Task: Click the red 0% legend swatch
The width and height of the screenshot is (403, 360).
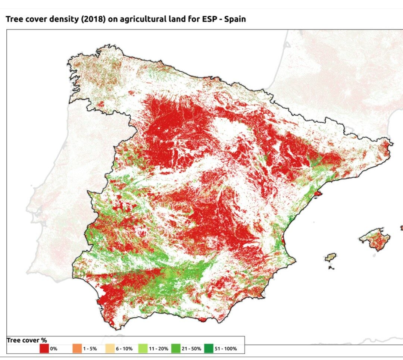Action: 44,349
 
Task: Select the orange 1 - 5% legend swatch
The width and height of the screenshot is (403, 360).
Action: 77,349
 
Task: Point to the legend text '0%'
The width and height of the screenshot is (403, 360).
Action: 54,349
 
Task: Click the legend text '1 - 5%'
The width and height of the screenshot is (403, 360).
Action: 90,349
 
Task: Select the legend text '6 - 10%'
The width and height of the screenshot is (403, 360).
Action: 124,349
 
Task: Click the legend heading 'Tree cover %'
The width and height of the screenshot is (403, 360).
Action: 26,340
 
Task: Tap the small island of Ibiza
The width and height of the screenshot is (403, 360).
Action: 330,257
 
